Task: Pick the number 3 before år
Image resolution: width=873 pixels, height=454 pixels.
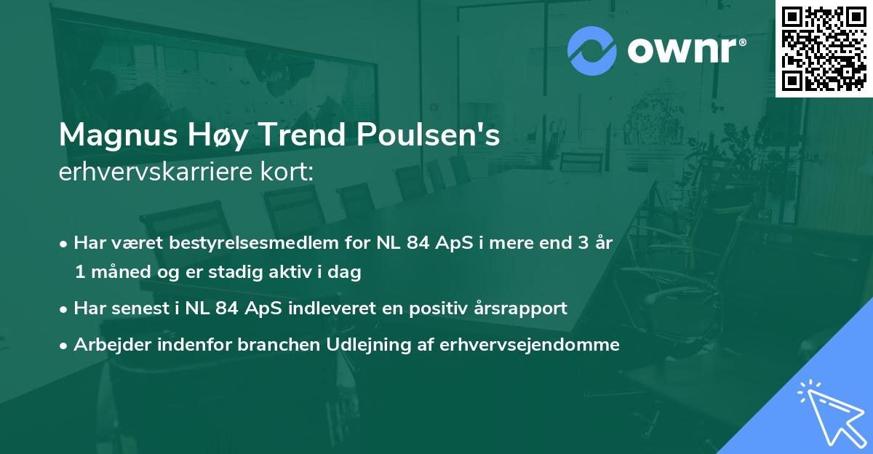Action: click(582, 242)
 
